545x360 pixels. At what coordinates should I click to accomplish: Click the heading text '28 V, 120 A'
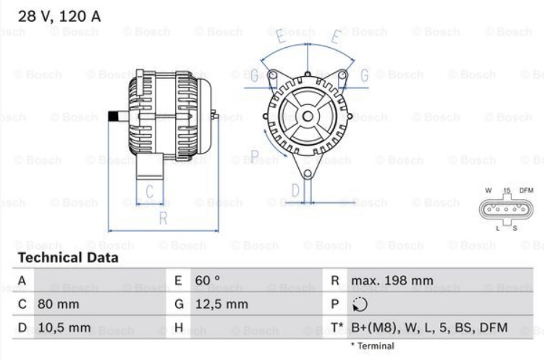click(59, 14)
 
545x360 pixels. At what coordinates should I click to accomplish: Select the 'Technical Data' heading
click(68, 258)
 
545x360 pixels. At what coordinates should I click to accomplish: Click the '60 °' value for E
click(208, 280)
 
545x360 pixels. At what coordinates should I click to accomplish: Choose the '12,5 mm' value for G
click(221, 304)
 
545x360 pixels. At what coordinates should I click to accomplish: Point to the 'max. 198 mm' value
click(392, 280)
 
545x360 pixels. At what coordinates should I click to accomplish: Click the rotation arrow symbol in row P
click(359, 304)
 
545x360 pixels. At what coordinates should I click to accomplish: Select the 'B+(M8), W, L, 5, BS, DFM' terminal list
click(428, 328)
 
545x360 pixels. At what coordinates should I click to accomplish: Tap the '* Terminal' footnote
click(373, 346)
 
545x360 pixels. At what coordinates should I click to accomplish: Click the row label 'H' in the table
click(178, 328)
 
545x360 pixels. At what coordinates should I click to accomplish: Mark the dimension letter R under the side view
click(163, 218)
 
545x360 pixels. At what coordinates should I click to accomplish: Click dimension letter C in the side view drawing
click(150, 193)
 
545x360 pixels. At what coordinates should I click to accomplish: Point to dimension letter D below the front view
click(295, 191)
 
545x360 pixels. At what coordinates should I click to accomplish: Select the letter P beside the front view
click(254, 155)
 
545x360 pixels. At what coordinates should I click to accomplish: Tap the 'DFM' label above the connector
click(526, 191)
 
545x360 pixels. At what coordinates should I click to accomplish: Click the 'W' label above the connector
click(488, 191)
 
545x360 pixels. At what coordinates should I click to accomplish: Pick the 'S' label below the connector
click(515, 229)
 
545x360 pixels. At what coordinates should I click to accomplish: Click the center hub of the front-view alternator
click(308, 116)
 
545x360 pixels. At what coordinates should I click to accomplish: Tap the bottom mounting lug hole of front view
click(308, 172)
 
